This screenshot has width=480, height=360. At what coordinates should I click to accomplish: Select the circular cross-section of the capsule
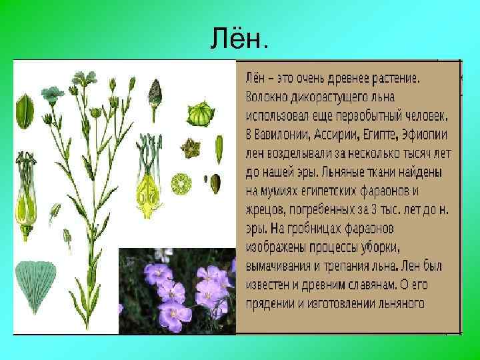click(181, 183)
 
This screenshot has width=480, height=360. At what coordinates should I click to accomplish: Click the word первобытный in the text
click(371, 115)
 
